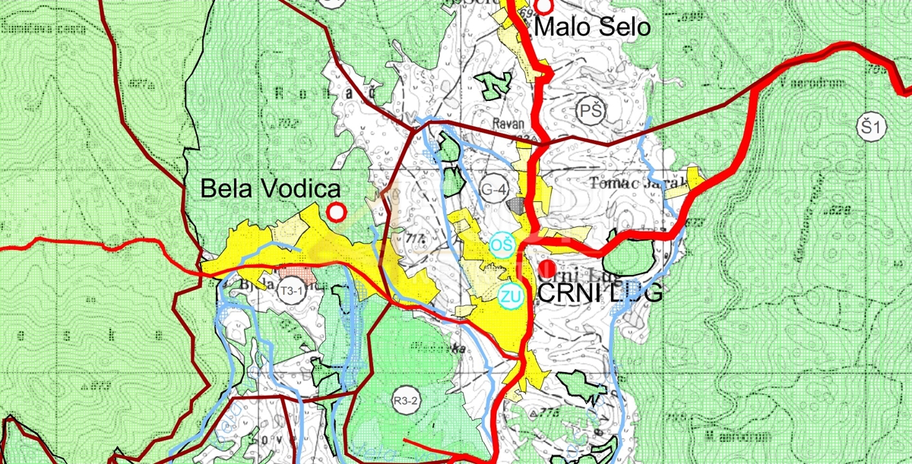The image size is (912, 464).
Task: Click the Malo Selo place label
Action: click(593, 27)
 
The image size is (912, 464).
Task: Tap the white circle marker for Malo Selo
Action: click(544, 7)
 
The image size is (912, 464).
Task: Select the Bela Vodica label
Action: click(270, 189)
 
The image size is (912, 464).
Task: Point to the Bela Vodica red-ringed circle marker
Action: click(335, 212)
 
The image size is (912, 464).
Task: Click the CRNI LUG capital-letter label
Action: click(600, 292)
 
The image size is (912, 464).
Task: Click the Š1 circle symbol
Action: click(871, 127)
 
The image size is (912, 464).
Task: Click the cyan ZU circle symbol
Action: click(510, 297)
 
